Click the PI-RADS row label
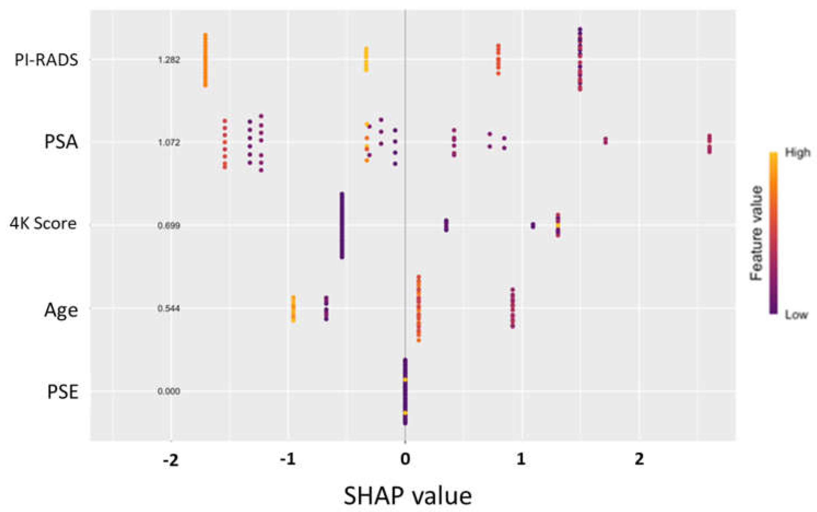point(46,60)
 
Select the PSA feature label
point(61,142)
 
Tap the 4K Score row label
point(43,224)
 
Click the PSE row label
point(63,393)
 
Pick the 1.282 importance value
point(169,60)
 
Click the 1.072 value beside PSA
point(169,143)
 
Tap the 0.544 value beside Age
point(169,309)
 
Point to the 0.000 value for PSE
point(169,391)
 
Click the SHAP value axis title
point(408,496)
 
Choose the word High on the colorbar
point(798,153)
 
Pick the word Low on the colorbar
point(796,315)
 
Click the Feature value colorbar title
point(756,234)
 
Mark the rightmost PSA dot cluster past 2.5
point(709,144)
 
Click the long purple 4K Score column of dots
point(342,225)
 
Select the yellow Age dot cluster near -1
point(293,309)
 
